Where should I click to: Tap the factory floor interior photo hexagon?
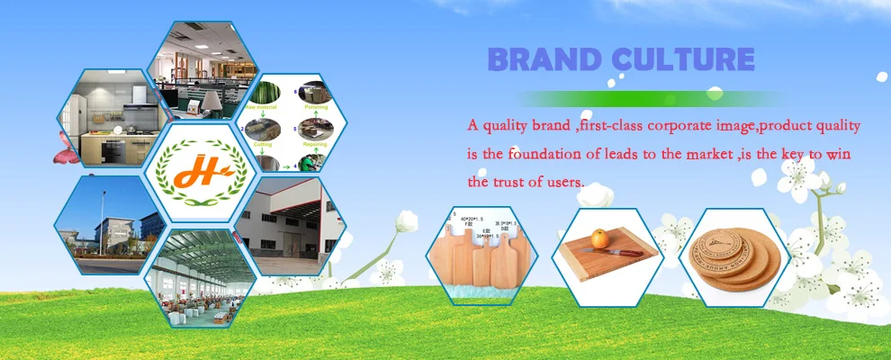tap(199, 274)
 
